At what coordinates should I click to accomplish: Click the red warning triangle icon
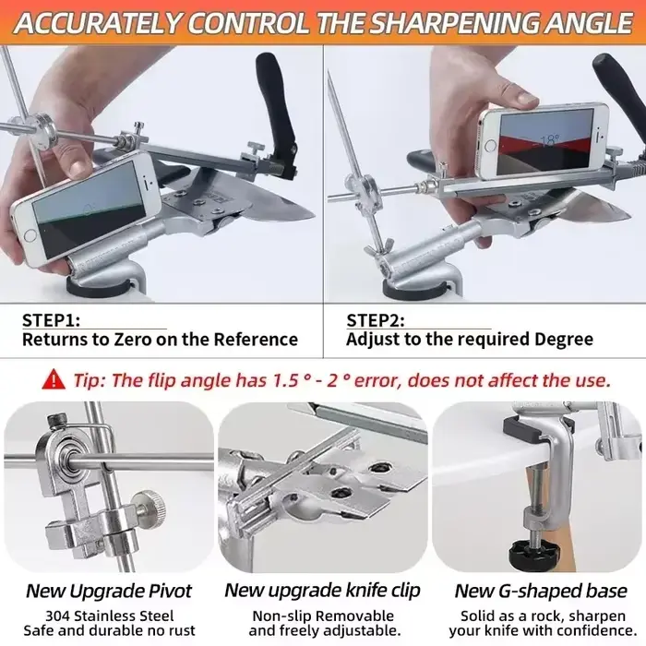pyautogui.click(x=54, y=379)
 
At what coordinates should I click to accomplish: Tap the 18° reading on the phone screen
pyautogui.click(x=548, y=140)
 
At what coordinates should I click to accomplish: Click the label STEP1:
pyautogui.click(x=51, y=320)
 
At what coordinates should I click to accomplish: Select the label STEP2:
pyautogui.click(x=376, y=320)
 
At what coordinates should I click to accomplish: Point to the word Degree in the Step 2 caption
pyautogui.click(x=564, y=340)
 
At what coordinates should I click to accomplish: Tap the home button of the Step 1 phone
pyautogui.click(x=30, y=235)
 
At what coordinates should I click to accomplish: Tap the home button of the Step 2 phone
pyautogui.click(x=490, y=145)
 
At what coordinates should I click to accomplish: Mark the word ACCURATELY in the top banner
pyautogui.click(x=98, y=23)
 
